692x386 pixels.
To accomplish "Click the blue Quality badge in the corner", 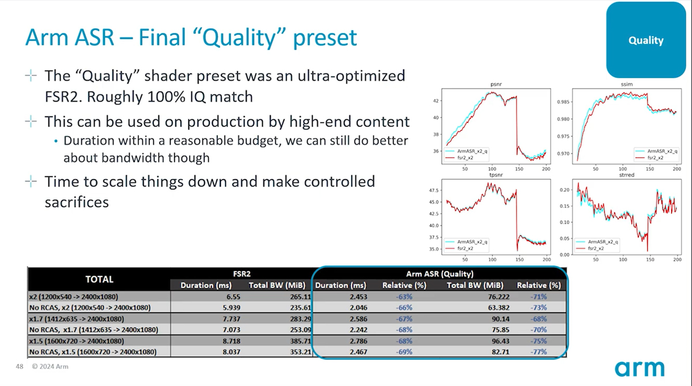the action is tap(646, 40).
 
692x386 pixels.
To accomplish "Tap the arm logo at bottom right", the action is tap(640, 368).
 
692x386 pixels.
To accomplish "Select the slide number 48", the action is tap(20, 366).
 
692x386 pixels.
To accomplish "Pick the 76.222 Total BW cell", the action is tap(499, 297).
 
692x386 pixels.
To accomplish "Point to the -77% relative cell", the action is tap(539, 352).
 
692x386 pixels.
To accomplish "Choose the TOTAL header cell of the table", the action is tap(99, 279).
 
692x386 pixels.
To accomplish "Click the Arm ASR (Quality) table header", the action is tap(439, 274).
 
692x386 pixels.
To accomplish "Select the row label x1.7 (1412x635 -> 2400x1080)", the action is tap(77, 319).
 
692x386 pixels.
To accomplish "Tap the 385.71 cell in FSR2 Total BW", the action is tap(300, 341).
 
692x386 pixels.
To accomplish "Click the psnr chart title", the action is tap(496, 84).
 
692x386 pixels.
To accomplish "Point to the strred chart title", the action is tap(626, 175).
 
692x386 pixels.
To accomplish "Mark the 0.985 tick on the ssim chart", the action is tap(563, 102).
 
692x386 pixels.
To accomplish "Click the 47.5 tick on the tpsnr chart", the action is tap(434, 190).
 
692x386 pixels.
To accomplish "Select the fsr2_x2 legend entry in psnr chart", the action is tap(460, 158).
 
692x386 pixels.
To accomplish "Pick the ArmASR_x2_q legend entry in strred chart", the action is tap(597, 241).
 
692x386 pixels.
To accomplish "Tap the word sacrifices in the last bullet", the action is tap(77, 202).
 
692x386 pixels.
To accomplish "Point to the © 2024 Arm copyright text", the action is tap(50, 366).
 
